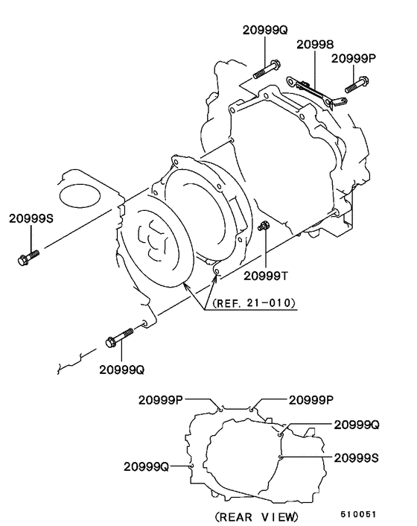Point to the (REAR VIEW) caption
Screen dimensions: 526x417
pos(255,516)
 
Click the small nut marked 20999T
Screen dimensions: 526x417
pos(264,226)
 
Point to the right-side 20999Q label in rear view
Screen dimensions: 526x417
pos(357,424)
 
